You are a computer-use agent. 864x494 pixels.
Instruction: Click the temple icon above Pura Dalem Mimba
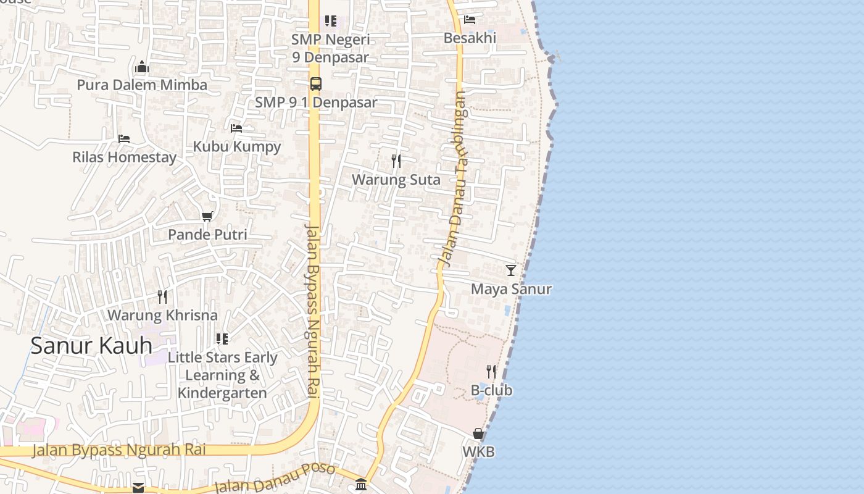142,67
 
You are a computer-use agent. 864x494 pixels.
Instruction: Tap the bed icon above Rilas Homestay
124,139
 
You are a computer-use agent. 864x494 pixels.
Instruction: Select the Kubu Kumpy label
237,146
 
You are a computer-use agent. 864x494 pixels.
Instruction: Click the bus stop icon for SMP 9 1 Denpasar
315,84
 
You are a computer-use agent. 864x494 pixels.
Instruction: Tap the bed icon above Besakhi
470,20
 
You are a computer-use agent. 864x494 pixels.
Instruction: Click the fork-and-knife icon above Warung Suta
396,161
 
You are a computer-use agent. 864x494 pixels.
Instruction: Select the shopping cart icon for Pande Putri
207,216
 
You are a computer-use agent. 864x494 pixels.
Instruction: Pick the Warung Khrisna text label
162,315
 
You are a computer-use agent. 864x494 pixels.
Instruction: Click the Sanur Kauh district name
91,346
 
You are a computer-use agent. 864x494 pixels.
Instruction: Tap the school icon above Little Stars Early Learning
222,338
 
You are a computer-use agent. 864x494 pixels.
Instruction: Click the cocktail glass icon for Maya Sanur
511,270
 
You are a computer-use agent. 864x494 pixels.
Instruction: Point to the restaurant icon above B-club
491,372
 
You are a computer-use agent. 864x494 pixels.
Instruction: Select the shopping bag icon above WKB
478,433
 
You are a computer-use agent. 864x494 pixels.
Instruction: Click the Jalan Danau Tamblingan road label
454,179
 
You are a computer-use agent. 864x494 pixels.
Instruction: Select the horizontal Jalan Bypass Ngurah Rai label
118,450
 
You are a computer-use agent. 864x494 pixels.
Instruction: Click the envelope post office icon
138,488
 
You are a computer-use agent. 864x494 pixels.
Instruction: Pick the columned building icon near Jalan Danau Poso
361,484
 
